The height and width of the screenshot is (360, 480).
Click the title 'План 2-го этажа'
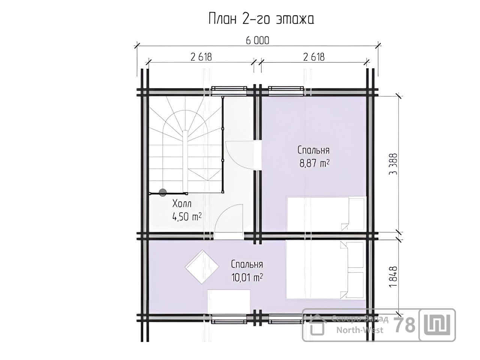pyautogui.click(x=261, y=19)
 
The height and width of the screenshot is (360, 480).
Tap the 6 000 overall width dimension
pyautogui.click(x=257, y=40)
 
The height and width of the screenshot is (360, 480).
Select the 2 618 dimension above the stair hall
pyautogui.click(x=201, y=57)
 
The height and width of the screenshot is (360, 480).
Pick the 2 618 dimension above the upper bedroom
pyautogui.click(x=314, y=57)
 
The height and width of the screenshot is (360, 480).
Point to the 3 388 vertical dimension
pyautogui.click(x=393, y=164)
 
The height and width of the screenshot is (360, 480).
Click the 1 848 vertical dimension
pyautogui.click(x=393, y=277)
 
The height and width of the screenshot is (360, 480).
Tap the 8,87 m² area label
pyautogui.click(x=314, y=163)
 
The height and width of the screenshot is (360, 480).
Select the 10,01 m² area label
pyautogui.click(x=247, y=277)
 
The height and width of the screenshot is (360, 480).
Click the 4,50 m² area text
pyautogui.click(x=187, y=217)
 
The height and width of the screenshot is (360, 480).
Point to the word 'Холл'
pyautogui.click(x=182, y=204)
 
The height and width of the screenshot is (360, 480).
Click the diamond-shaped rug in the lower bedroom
pyautogui.click(x=202, y=267)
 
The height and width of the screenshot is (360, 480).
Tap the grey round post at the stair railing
pyautogui.click(x=162, y=193)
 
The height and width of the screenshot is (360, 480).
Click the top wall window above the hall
pyautogui.click(x=229, y=91)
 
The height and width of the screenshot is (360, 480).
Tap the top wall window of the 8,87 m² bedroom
pyautogui.click(x=286, y=91)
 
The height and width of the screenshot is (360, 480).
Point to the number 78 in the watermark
pyautogui.click(x=404, y=325)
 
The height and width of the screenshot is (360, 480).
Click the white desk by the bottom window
pyautogui.click(x=229, y=302)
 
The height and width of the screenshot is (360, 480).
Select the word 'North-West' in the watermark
pyautogui.click(x=360, y=330)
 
